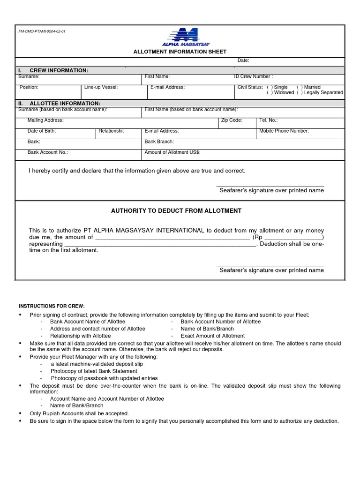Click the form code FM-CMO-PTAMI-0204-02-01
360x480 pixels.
42,31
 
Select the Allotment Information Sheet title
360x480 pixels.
180,52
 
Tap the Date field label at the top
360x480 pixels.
243,60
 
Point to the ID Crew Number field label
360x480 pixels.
253,76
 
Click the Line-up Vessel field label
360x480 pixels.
101,87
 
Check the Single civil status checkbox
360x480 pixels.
270,87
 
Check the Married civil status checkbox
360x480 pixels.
300,87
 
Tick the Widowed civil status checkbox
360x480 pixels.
270,93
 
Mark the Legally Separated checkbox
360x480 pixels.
300,93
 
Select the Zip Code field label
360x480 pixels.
231,120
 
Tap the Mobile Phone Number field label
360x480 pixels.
284,131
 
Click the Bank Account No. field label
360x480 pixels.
48,152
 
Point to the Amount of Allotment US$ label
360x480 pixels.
172,152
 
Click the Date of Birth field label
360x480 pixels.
42,131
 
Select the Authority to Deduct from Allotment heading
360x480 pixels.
176,211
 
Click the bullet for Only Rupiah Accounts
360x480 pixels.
20,414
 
